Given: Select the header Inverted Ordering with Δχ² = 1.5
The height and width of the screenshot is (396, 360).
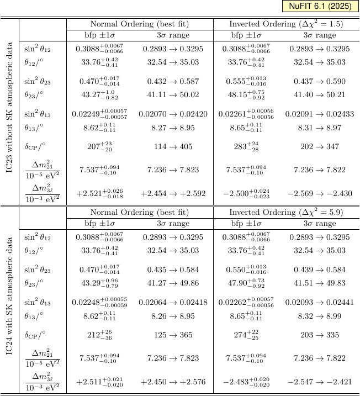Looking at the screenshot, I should (286, 24).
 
